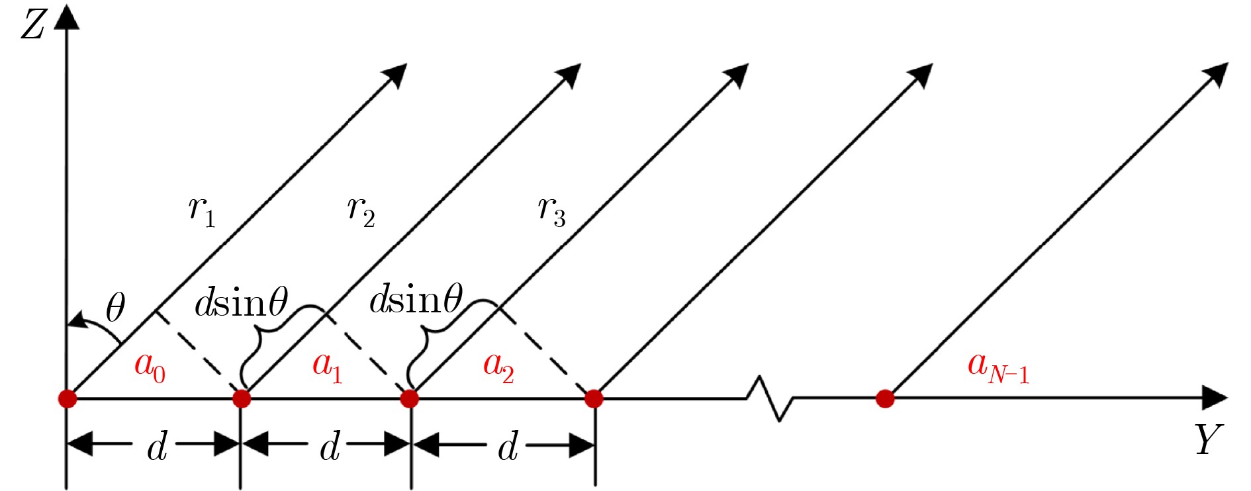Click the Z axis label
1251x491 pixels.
32,25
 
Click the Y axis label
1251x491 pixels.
1208,440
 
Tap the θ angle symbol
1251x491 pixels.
115,308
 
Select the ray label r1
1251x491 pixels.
201,211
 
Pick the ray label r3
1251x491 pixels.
551,211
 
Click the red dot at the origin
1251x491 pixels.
67,398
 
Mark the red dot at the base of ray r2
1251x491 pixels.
242,398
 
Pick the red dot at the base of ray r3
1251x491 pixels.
410,398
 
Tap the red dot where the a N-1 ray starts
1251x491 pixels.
885,398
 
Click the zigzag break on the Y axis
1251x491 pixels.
770,398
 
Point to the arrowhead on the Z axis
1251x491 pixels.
66,17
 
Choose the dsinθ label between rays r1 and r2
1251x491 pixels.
241,302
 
